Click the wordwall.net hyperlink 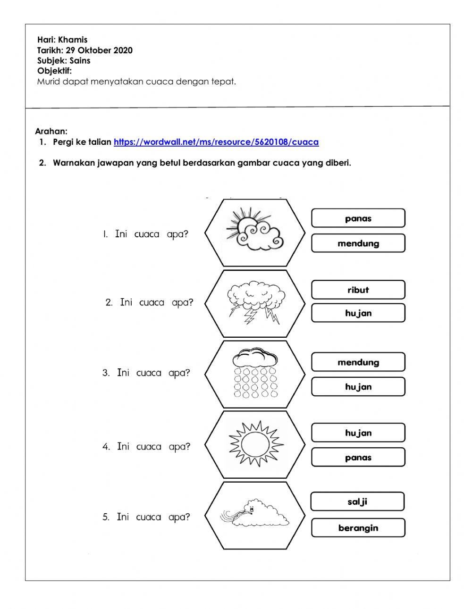216,142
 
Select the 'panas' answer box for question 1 358,218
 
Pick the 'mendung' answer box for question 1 358,243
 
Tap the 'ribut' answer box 358,290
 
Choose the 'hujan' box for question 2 358,313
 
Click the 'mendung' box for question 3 358,362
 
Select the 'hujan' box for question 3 358,387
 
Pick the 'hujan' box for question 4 358,433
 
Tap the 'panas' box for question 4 358,458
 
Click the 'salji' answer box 357,501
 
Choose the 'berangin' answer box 358,528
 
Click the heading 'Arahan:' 51,131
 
